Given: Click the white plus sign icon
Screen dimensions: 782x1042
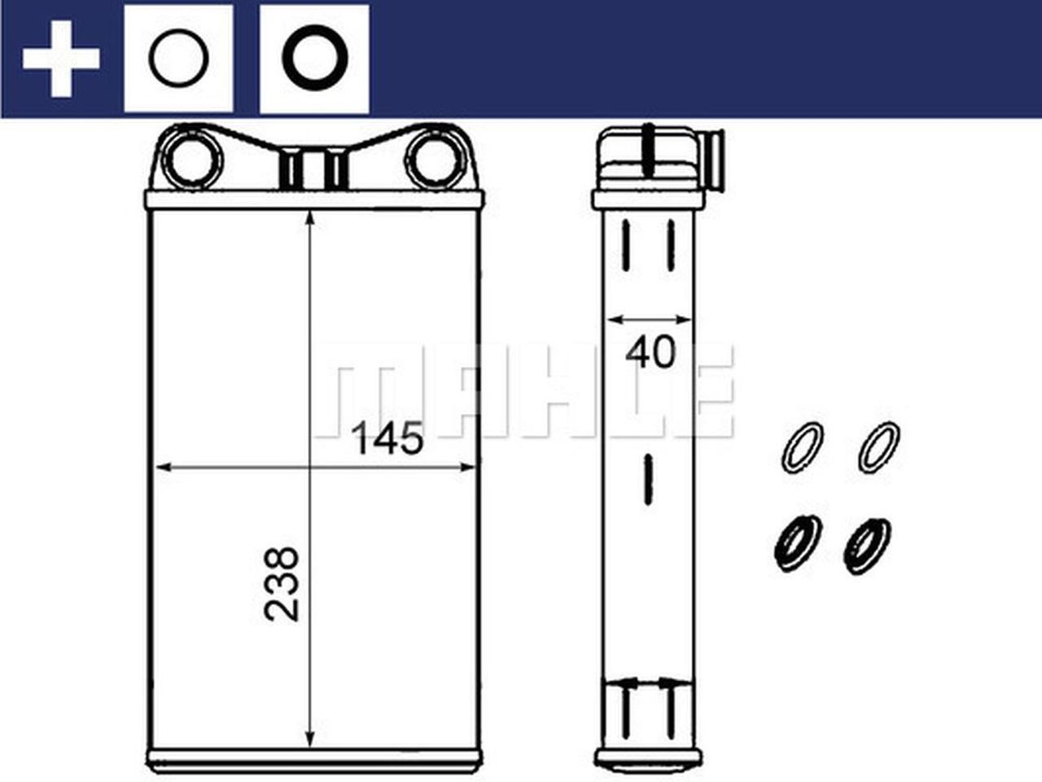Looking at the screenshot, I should [x=61, y=59].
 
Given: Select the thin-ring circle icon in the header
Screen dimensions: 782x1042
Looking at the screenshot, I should [x=178, y=59].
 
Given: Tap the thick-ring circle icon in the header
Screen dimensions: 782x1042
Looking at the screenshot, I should [x=314, y=59].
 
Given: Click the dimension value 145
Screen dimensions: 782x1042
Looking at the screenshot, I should [x=387, y=441].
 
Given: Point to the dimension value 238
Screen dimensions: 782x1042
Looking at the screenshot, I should [x=282, y=584].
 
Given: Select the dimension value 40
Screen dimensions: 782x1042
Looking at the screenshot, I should [x=650, y=353].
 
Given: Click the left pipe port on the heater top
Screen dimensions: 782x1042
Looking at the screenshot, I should [x=193, y=158].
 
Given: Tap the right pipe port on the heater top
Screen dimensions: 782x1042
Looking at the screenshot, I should [x=433, y=158].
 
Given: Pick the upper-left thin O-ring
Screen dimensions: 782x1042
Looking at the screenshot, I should [x=803, y=446].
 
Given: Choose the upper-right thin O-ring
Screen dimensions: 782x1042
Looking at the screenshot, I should [x=879, y=446].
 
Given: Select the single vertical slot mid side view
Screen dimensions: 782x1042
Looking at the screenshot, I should [x=648, y=478].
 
